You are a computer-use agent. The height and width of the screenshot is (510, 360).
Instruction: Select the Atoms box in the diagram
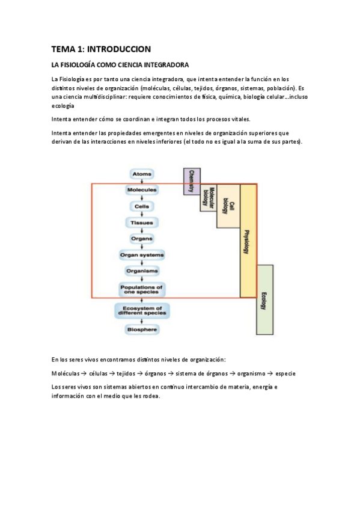click(142, 174)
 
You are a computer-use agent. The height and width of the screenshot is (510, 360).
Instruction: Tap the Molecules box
click(142, 190)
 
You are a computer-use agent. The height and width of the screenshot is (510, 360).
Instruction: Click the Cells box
click(142, 206)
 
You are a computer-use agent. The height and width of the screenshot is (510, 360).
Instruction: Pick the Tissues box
click(142, 223)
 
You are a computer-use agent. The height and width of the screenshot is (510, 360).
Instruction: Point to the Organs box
click(142, 239)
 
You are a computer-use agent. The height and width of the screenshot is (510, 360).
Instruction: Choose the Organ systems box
click(142, 255)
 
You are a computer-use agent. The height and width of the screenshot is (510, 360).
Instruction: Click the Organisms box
click(142, 271)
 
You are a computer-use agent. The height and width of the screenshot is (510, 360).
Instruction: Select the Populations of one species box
click(142, 289)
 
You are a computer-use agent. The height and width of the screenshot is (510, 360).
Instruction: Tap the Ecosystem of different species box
click(142, 310)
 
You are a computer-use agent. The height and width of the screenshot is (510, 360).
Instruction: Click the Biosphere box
click(142, 330)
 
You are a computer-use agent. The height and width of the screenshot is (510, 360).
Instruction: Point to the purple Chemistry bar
click(192, 181)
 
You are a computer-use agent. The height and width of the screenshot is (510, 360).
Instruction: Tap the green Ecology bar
click(264, 299)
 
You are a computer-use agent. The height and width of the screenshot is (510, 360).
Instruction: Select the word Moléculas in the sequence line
click(66, 373)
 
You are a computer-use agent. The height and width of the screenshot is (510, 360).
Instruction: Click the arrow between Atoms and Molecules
click(142, 182)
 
